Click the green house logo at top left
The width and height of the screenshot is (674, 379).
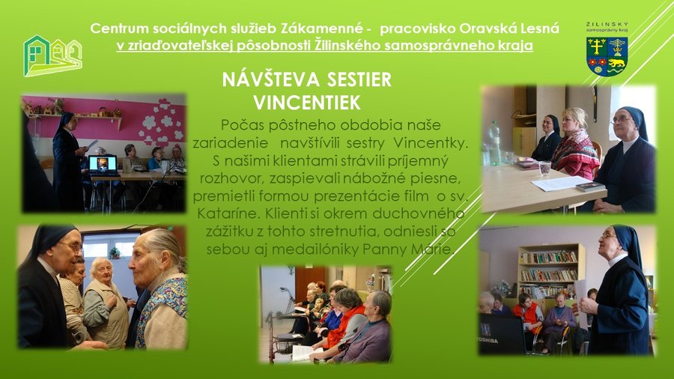[52, 56]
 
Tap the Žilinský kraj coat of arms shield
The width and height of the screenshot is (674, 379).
[607, 56]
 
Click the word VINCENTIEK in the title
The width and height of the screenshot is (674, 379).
[307, 103]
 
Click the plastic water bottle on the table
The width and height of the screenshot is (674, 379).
[494, 143]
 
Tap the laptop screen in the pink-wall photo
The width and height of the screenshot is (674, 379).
[103, 163]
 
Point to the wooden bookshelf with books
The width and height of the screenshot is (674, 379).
[550, 270]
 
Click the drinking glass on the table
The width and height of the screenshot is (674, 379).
[544, 168]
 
